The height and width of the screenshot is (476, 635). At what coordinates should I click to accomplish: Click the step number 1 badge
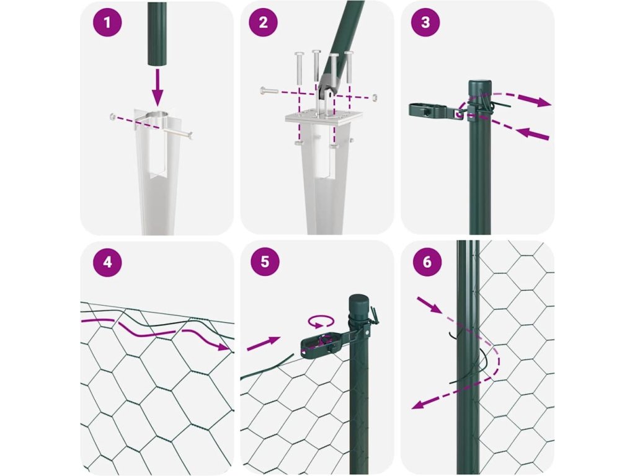click(x=107, y=22)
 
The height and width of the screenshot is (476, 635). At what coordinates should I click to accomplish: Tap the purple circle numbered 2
click(x=263, y=22)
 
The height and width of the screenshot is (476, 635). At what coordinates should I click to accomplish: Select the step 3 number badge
click(x=425, y=22)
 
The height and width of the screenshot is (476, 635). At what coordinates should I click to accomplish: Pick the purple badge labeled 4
click(x=107, y=262)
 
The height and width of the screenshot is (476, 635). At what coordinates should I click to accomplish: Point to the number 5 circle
click(x=265, y=262)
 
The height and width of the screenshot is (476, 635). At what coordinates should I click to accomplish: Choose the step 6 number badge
click(x=427, y=262)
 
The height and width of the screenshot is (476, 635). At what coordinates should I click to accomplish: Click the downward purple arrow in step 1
click(x=157, y=88)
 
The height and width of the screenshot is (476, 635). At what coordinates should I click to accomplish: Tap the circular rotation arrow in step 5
click(x=321, y=322)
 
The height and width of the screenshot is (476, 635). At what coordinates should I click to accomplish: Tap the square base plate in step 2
click(x=323, y=117)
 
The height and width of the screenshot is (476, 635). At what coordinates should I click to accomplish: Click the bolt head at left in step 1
click(x=113, y=117)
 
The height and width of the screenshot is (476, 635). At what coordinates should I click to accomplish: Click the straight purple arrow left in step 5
click(x=264, y=343)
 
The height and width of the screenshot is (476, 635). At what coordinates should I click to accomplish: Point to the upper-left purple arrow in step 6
click(x=429, y=305)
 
